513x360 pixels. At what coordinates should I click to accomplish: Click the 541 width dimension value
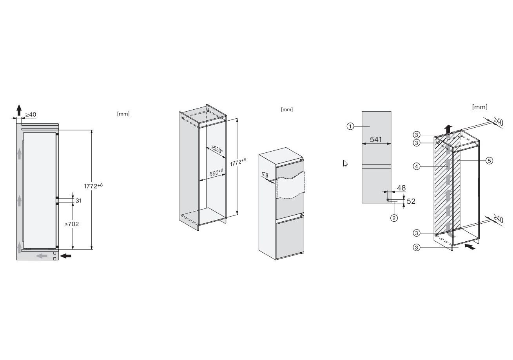pyautogui.click(x=376, y=139)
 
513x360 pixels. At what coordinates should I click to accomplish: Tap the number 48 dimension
pyautogui.click(x=401, y=188)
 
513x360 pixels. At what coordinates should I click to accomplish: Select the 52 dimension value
pyautogui.click(x=411, y=201)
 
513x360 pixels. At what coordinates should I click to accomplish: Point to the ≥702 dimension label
pyautogui.click(x=71, y=224)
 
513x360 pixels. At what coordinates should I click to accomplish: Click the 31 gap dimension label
pyautogui.click(x=78, y=201)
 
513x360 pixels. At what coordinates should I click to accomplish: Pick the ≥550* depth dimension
pyautogui.click(x=217, y=149)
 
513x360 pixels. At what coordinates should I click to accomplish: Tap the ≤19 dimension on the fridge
pyautogui.click(x=265, y=175)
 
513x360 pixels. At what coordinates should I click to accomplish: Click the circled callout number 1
pyautogui.click(x=350, y=126)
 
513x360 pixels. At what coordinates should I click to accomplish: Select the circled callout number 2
pyautogui.click(x=394, y=218)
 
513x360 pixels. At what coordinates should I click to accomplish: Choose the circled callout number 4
pyautogui.click(x=416, y=166)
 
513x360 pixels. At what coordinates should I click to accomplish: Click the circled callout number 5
pyautogui.click(x=489, y=161)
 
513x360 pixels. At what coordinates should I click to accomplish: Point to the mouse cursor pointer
pyautogui.click(x=345, y=163)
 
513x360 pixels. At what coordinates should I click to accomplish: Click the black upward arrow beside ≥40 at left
pyautogui.click(x=19, y=110)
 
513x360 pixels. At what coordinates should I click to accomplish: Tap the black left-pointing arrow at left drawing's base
pyautogui.click(x=65, y=256)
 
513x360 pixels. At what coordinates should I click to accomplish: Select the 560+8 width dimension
pyautogui.click(x=216, y=173)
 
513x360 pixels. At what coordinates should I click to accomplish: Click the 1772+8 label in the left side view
pyautogui.click(x=93, y=186)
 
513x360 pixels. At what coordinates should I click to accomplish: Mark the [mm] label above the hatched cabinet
pyautogui.click(x=480, y=107)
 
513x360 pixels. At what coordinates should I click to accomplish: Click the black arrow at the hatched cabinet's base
pyautogui.click(x=470, y=247)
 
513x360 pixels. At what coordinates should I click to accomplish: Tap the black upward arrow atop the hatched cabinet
pyautogui.click(x=450, y=129)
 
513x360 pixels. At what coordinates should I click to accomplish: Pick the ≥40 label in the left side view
pyautogui.click(x=31, y=114)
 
